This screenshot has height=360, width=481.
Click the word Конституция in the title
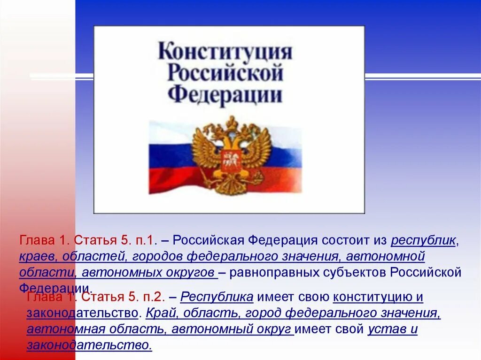[225, 52]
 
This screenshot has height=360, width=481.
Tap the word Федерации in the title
[225, 94]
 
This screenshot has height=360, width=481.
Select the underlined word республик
[423, 241]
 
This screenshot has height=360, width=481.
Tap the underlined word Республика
[217, 297]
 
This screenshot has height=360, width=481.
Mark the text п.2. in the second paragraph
[150, 297]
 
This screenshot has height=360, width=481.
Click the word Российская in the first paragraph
[208, 241]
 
